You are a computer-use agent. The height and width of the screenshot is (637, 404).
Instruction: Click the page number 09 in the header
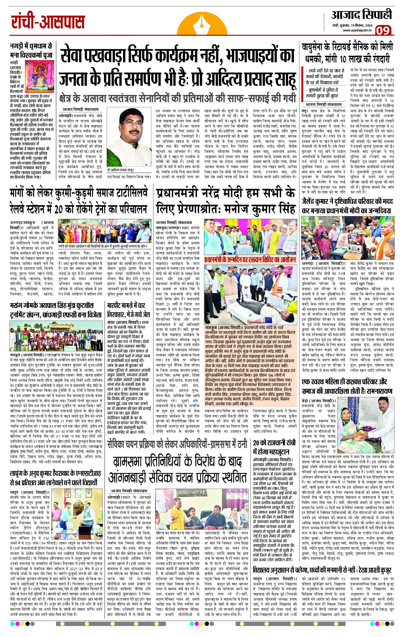(383, 31)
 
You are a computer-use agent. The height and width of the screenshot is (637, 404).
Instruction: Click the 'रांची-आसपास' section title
(48, 22)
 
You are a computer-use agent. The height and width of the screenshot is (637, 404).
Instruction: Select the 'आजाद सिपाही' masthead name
(361, 15)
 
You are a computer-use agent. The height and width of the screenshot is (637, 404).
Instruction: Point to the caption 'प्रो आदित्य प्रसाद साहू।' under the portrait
(120, 170)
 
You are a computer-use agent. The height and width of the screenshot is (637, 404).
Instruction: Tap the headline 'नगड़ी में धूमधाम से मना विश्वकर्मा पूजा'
(30, 51)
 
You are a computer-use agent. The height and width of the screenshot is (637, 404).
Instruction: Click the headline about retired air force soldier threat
(347, 52)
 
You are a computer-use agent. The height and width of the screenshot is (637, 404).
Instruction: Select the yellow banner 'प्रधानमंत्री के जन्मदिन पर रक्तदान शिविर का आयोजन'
(250, 260)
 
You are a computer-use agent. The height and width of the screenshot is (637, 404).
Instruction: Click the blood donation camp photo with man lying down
(250, 295)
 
